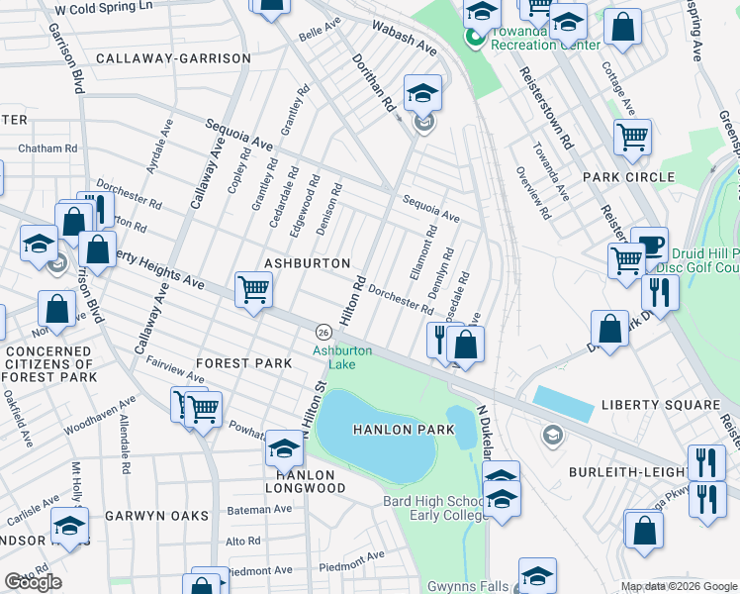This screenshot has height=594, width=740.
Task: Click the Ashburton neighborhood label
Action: [308, 263]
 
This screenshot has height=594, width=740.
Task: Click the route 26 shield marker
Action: [323, 330]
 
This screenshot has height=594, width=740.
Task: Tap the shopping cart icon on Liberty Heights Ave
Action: [253, 290]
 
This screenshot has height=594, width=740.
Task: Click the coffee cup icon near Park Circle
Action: [649, 245]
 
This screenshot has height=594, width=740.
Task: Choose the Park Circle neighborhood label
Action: [628, 177]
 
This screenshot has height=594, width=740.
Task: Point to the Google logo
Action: [33, 582]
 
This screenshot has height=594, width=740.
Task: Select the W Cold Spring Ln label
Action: [104, 7]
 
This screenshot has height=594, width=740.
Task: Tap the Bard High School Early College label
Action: [432, 507]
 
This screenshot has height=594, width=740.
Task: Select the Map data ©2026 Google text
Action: [678, 586]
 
